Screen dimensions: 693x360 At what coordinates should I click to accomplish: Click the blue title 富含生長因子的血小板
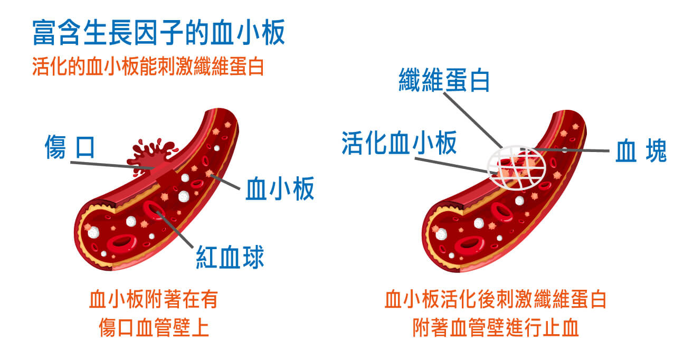(158, 32)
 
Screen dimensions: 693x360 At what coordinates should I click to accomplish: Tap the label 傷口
(70, 147)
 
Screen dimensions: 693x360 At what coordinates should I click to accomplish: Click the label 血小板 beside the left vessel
(280, 188)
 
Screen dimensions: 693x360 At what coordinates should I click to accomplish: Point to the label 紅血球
(230, 257)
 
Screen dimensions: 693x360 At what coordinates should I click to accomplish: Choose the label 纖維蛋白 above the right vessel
(444, 80)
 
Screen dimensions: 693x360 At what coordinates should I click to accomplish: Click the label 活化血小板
(399, 143)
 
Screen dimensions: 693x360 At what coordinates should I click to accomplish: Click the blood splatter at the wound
(152, 156)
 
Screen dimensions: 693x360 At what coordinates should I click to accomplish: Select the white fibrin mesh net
(516, 167)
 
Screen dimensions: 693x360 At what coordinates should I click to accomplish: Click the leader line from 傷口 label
(112, 165)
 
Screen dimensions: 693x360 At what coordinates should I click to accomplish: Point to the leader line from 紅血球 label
(175, 230)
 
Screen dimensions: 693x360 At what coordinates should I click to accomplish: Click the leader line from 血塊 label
(565, 150)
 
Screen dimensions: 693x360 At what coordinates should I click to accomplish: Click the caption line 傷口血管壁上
(154, 327)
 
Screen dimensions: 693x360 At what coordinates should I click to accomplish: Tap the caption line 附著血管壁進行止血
(495, 327)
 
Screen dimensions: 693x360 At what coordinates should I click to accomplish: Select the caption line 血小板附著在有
(154, 299)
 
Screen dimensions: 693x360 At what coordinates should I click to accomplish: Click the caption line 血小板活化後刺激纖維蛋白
(495, 299)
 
